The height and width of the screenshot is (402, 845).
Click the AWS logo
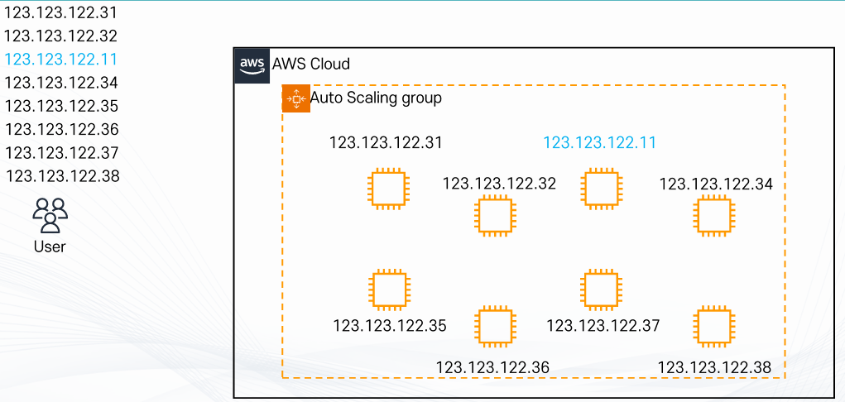coord(252,65)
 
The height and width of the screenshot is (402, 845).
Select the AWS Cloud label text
coord(311,65)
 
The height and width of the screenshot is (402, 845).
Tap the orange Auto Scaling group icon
coord(295,98)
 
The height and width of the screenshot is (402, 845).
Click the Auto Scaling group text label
coord(377,98)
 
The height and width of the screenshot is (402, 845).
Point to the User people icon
coord(50,215)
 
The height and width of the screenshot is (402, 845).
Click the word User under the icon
coord(50,246)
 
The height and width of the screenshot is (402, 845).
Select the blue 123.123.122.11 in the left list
coord(61,60)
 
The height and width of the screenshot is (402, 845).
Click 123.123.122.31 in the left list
coord(61,12)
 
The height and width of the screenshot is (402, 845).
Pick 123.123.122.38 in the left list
coord(62,176)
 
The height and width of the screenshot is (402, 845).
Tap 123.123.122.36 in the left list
coord(62,129)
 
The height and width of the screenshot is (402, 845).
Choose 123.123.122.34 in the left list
coord(61,83)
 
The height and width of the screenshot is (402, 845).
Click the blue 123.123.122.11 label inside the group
coord(600,143)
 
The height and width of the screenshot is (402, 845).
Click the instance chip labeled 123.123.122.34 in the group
coord(714,216)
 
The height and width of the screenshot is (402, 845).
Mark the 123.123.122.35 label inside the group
coord(390,326)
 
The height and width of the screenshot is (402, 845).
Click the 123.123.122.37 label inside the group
coord(603,325)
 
